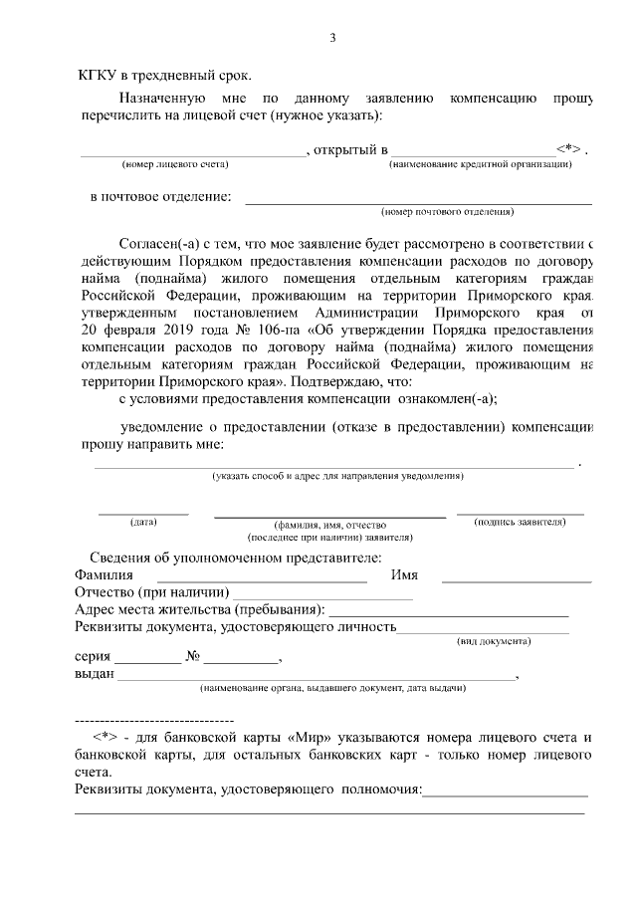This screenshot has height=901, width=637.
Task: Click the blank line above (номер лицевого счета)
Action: (193, 154)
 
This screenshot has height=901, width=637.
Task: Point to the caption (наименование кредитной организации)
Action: (480, 164)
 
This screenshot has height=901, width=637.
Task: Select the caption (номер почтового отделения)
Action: (448, 211)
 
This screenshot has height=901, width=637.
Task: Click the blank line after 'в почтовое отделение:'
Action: (418, 202)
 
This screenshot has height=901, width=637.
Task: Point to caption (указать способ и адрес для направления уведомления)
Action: (337, 476)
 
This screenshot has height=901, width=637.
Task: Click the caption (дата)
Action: (143, 522)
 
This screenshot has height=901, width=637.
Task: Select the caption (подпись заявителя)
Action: (521, 522)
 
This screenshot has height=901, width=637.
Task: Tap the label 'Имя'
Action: (404, 575)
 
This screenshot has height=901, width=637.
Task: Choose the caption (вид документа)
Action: (493, 641)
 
